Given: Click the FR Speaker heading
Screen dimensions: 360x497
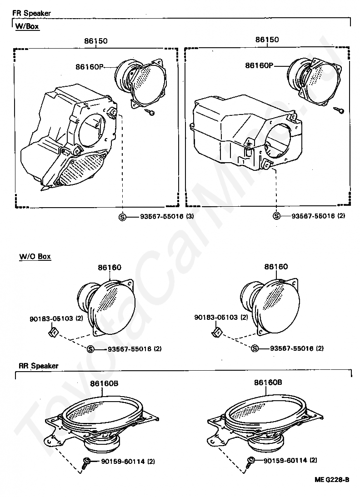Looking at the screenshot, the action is click(31, 13).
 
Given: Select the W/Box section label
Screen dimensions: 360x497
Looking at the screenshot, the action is click(27, 27).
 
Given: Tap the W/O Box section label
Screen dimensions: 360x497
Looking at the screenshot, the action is click(35, 257).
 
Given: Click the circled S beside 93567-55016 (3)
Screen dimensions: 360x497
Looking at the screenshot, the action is click(122, 217).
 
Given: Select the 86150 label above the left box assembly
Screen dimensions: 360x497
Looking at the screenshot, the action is click(95, 41).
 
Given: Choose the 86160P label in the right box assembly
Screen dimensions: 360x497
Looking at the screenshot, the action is click(259, 65).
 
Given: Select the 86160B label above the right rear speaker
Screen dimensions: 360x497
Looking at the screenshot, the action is click(268, 383).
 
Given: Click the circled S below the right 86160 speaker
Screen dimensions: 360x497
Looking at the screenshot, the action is click(255, 348).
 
